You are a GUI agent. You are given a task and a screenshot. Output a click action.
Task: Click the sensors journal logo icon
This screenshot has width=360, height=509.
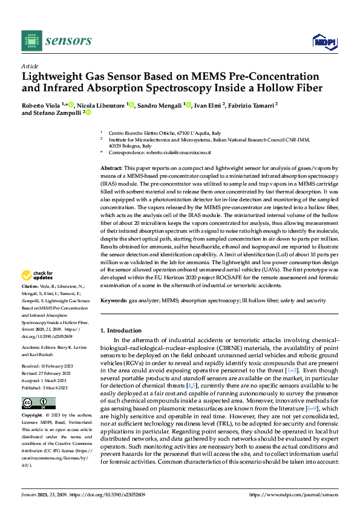pyautogui.click(x=31, y=41)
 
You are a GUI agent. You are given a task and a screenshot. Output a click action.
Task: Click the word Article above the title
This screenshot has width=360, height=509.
pyautogui.click(x=30, y=66)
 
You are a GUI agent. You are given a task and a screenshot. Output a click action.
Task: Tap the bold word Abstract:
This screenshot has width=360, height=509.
pyautogui.click(x=111, y=167)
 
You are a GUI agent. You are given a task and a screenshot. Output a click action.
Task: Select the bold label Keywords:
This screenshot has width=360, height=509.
pyautogui.click(x=114, y=300)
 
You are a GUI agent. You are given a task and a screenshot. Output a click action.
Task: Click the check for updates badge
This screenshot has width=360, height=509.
pyautogui.click(x=39, y=276)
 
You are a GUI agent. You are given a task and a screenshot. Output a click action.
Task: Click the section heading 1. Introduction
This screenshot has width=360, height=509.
pyautogui.click(x=120, y=331)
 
